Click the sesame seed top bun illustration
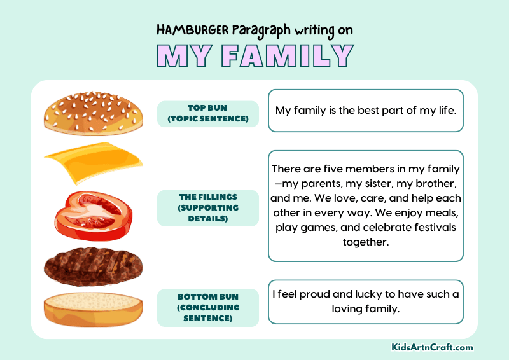coord(92,113)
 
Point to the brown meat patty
coord(93,265)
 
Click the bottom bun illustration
coord(93,308)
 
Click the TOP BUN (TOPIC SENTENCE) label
coord(207,113)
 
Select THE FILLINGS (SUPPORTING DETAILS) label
coord(207,208)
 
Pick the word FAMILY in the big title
coord(293,56)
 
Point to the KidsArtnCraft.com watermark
coord(433,347)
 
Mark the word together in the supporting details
coord(365,242)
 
